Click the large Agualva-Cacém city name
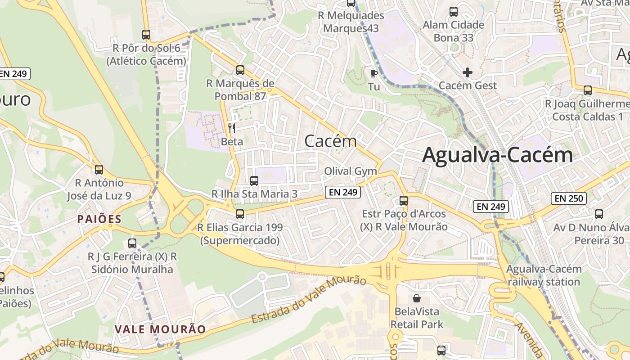pos(497,155)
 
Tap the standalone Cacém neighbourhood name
pos(330,141)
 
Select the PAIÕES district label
pos(99,219)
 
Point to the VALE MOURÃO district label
pos(160,329)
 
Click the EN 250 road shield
pos(569,198)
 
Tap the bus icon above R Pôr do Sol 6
pos(146,35)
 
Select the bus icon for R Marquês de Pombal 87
pos(240,70)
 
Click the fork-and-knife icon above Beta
pos(232,128)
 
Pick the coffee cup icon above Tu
pos(373,73)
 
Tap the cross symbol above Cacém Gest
pos(468,72)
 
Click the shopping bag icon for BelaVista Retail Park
pos(417,298)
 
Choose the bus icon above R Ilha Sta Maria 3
pos(254,181)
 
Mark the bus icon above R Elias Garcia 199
pos(240,214)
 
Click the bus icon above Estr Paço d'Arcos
pos(404,201)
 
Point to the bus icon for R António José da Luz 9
pos(99,170)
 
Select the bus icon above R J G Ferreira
pos(132,243)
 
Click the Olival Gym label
pos(351,171)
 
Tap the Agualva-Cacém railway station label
pos(544,275)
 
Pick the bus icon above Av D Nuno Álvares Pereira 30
pos(599,214)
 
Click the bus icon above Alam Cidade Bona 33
pos(454,12)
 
